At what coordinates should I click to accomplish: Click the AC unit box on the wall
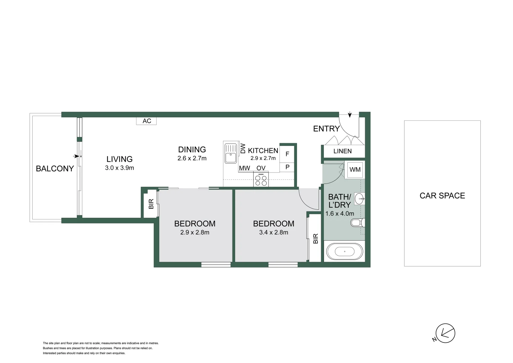coord(146,121)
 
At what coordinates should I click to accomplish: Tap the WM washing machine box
coord(355,169)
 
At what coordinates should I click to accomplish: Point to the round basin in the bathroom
coord(359,199)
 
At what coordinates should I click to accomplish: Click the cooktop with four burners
coord(261,179)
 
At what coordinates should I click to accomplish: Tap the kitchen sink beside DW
coord(230,153)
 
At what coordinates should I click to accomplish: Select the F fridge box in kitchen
coord(287,154)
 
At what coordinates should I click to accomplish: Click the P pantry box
coord(287,167)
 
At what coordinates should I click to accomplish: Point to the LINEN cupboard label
coord(342,151)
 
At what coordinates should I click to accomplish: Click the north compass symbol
coord(445,333)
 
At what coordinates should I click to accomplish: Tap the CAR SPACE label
coord(442,196)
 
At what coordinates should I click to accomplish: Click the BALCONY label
coord(55,169)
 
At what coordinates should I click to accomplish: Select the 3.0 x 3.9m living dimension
coord(119,168)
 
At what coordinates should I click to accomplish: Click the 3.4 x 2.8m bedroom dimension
coord(273,232)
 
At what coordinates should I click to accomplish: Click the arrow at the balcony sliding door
coord(77,156)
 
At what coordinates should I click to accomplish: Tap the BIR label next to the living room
coord(151,204)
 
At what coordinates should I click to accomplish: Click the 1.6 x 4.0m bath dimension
coord(340,213)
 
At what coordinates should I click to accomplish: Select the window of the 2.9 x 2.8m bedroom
coord(216,265)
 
